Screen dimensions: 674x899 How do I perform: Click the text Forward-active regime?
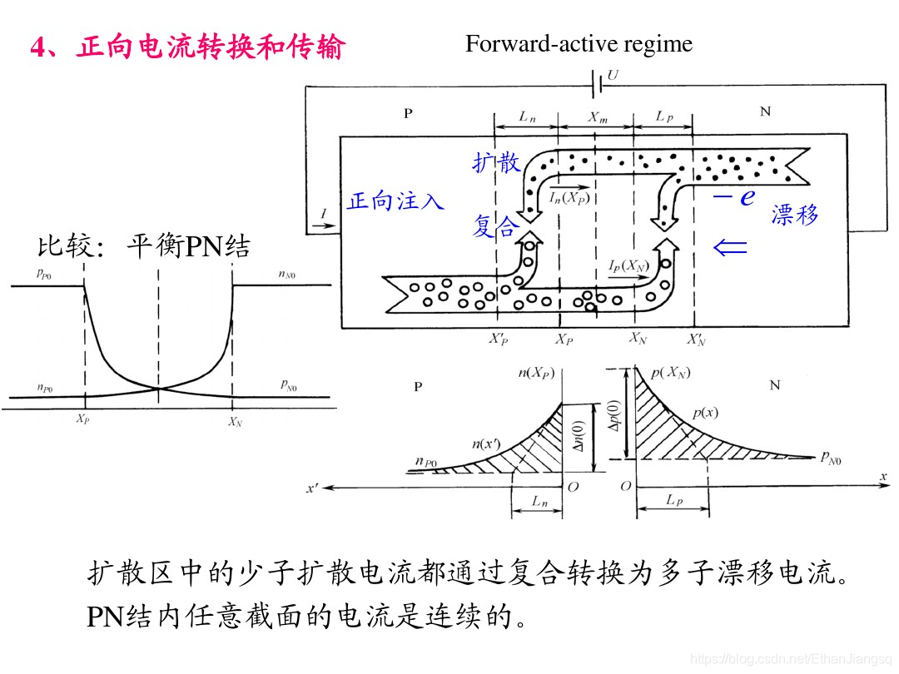point(579,43)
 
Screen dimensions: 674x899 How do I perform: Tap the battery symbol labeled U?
point(598,84)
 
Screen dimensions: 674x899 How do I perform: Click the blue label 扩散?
point(496,163)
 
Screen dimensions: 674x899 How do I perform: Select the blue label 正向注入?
point(395,201)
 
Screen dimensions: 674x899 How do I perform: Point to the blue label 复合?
point(496,226)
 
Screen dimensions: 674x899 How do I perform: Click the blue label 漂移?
point(795,215)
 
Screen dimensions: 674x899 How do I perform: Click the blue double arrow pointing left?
point(730,247)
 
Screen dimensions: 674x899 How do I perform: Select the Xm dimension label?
point(598,118)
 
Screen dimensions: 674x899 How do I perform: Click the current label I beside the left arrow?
point(324,214)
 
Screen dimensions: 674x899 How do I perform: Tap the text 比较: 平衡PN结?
point(143,247)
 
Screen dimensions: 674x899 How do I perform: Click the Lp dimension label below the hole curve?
point(675,500)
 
